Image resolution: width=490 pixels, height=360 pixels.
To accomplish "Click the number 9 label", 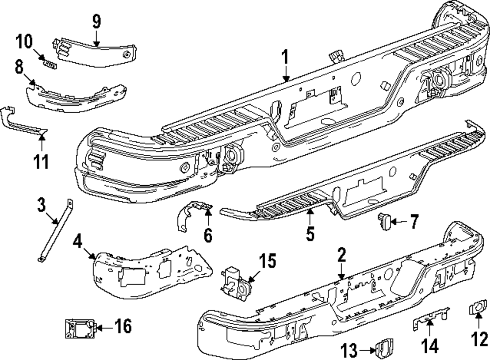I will [96, 22].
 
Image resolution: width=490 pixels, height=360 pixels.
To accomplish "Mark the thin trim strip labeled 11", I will [24, 122].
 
